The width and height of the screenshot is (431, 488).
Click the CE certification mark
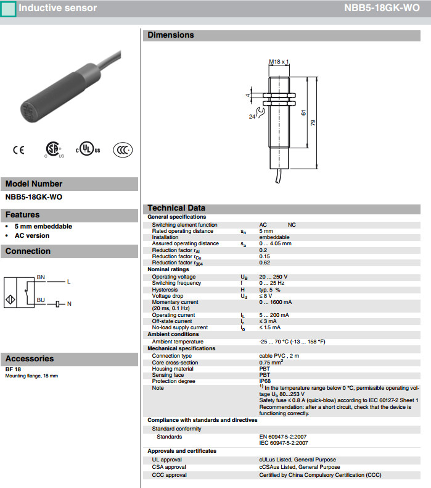tap(18, 150)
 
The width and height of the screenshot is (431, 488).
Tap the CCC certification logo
tap(123, 150)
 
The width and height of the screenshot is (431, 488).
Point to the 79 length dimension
tap(313, 123)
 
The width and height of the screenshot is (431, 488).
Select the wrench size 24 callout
tap(252, 116)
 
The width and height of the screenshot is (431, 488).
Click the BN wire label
tap(41, 277)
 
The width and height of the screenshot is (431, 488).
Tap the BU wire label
tap(41, 300)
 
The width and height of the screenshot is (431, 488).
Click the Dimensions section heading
tap(171, 35)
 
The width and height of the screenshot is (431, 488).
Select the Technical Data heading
tap(176, 208)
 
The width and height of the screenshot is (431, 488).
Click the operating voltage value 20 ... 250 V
tap(273, 277)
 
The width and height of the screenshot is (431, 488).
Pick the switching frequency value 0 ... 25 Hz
tap(272, 283)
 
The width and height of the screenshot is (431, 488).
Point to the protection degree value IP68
tap(265, 381)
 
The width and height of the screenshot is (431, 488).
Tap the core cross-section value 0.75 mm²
tap(273, 362)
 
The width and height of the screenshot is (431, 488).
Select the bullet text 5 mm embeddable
tap(43, 226)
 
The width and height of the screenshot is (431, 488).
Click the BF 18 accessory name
tap(13, 369)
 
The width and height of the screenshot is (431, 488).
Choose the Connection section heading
tap(28, 251)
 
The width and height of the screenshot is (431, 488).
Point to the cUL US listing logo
tap(88, 150)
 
